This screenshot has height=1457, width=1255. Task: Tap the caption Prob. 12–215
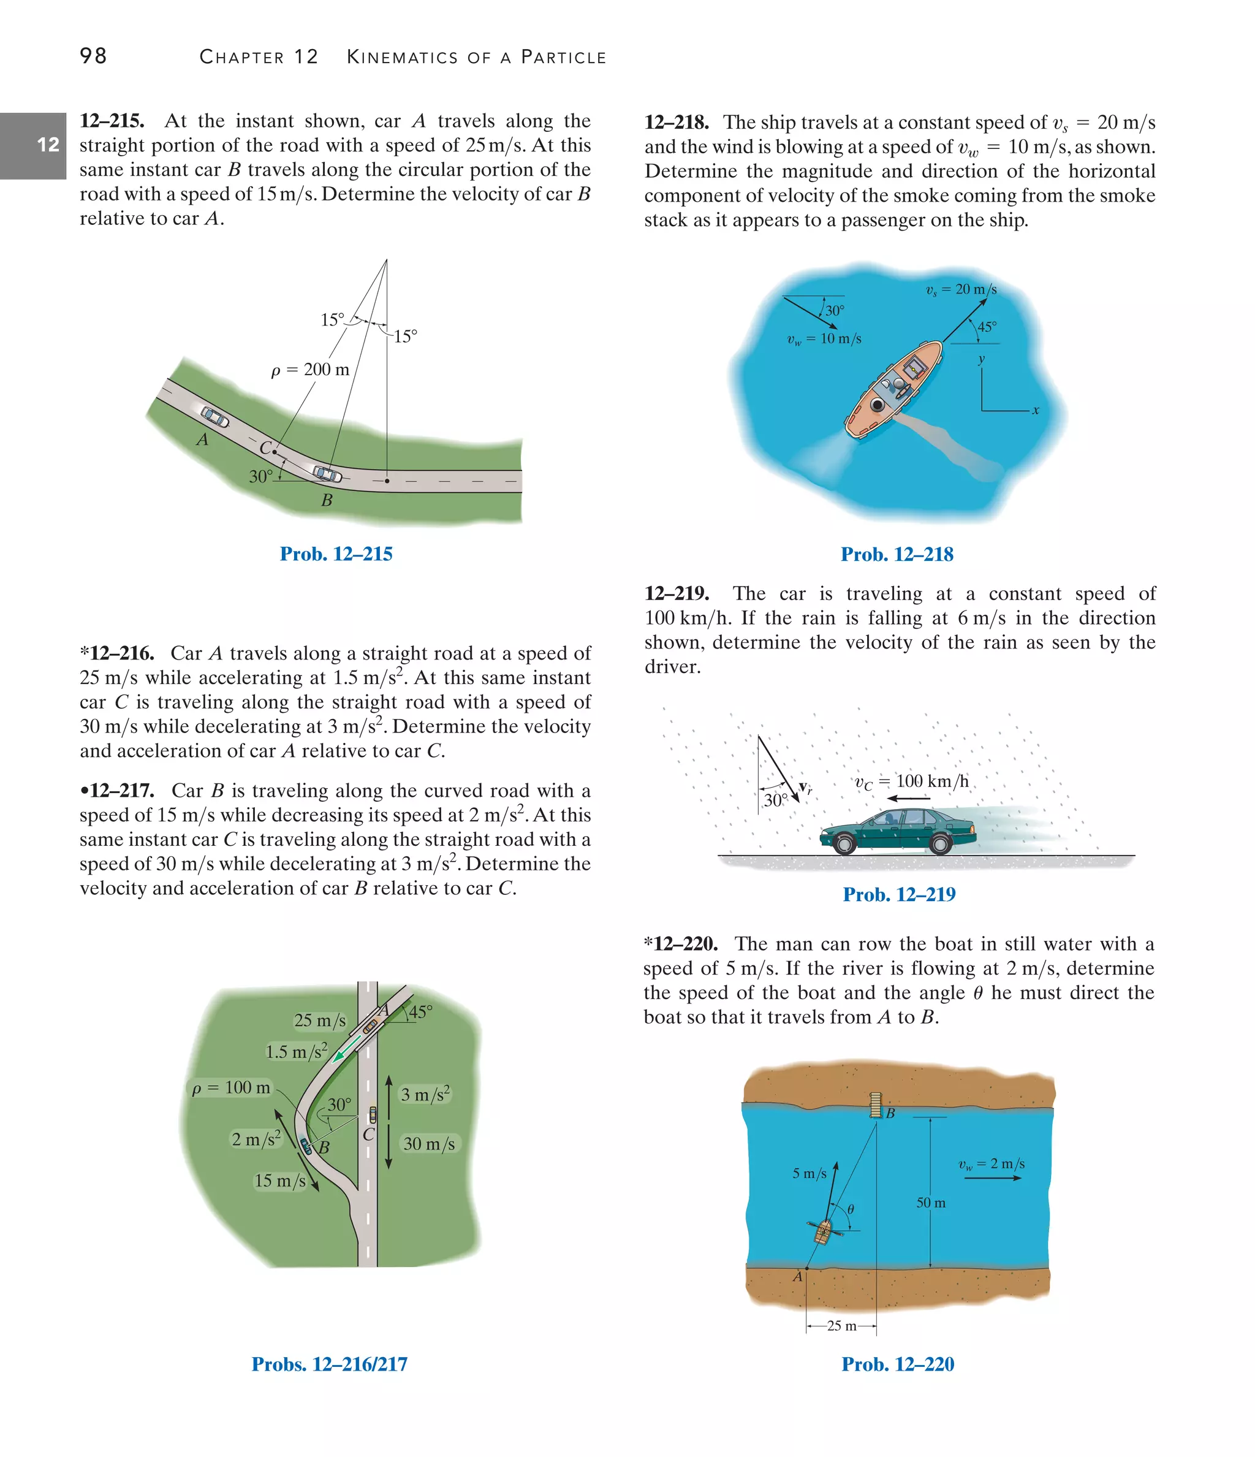(x=335, y=554)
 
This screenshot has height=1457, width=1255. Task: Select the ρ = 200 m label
(x=310, y=369)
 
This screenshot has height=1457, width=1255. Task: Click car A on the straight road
(x=215, y=417)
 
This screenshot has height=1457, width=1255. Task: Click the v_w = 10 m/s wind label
(x=824, y=339)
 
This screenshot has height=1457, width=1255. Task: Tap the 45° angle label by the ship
(x=987, y=327)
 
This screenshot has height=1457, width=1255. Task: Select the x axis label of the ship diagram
(x=1035, y=410)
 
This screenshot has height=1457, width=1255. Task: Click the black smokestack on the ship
(x=877, y=405)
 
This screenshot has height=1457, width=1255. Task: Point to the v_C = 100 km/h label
(x=912, y=782)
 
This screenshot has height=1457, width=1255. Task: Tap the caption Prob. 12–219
(x=898, y=894)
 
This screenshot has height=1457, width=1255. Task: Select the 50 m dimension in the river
(x=930, y=1203)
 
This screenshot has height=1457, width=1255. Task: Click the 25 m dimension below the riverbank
(x=841, y=1325)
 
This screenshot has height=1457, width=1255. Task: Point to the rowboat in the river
(x=822, y=1232)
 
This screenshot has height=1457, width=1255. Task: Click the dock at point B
(x=875, y=1105)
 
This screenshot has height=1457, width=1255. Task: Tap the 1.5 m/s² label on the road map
(x=296, y=1051)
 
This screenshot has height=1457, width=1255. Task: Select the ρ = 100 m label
(x=230, y=1088)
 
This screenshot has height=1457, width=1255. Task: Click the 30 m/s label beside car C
(x=428, y=1144)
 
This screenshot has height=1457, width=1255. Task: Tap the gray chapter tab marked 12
(x=33, y=145)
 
